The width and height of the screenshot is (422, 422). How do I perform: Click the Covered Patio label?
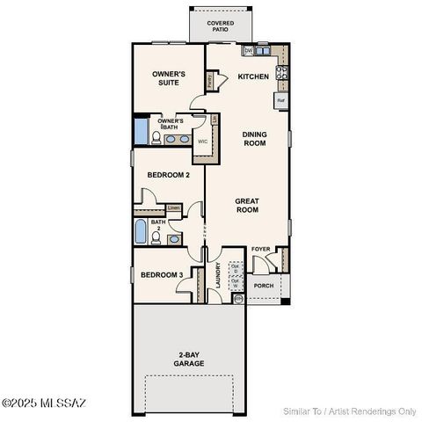(220, 26)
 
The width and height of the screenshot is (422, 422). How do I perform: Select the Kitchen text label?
(253, 76)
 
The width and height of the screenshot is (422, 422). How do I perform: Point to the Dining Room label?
(254, 138)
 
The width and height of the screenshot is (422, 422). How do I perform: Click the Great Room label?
(247, 206)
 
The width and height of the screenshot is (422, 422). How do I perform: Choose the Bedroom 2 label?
(168, 175)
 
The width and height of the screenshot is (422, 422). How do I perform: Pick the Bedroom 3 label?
(162, 275)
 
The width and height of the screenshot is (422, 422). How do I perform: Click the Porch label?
(263, 286)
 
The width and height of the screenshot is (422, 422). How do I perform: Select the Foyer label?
(260, 249)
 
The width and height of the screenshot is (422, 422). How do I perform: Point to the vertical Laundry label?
(217, 280)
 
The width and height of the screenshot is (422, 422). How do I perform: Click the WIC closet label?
(202, 141)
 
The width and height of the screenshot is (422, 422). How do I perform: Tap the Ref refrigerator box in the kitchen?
(281, 101)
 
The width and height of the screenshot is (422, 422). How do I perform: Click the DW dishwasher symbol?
(249, 51)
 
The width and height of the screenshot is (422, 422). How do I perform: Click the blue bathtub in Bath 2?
(142, 232)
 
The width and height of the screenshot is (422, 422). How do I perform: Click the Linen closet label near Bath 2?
(173, 208)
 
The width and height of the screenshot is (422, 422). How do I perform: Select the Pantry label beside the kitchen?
(210, 80)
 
